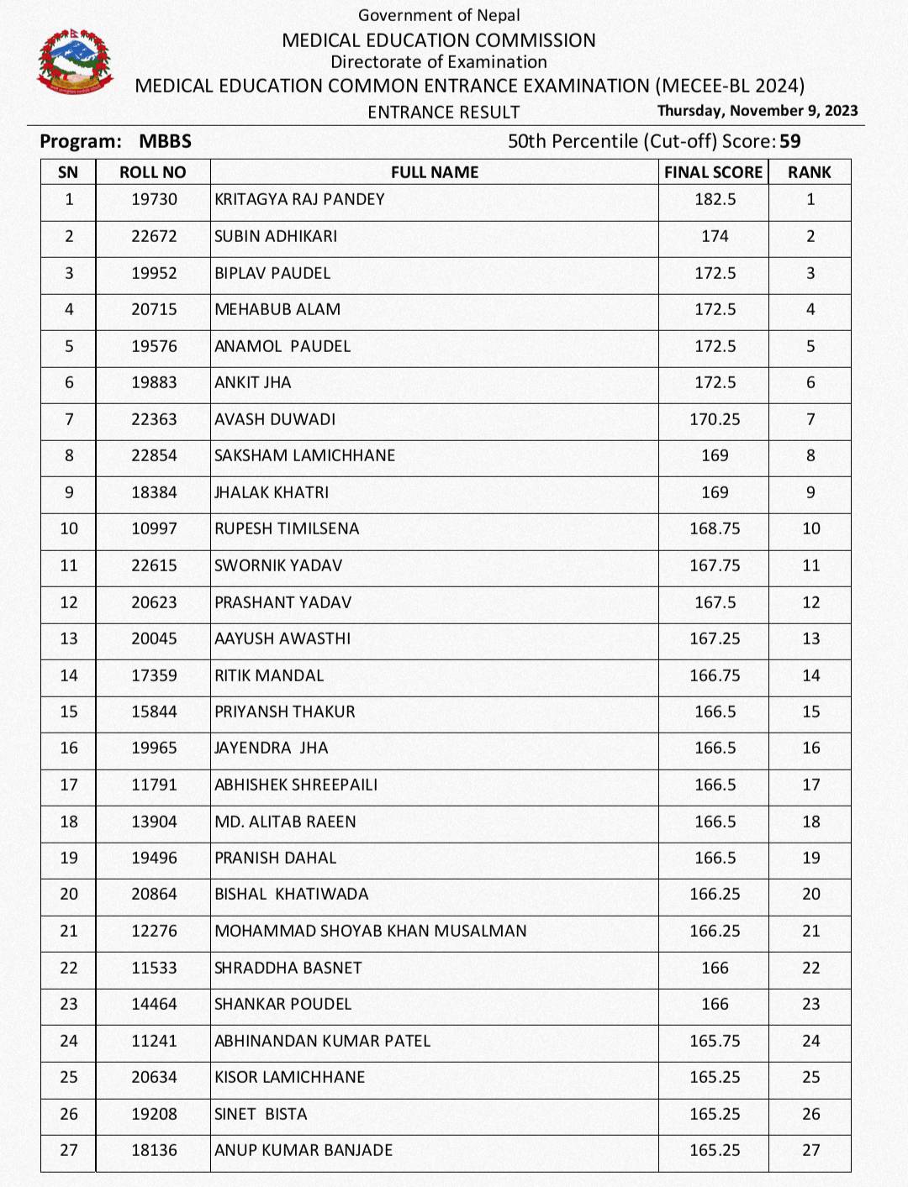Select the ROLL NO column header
tap(152, 172)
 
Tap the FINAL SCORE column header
tap(713, 172)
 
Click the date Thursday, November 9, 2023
tap(758, 111)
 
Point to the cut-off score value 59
tap(790, 141)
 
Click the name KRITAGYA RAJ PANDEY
tap(299, 200)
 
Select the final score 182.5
tap(715, 200)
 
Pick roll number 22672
tap(154, 236)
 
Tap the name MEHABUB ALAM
tap(277, 309)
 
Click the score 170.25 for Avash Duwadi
tap(715, 419)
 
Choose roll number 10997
tap(154, 528)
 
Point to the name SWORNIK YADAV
tap(278, 565)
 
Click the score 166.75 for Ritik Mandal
tap(715, 675)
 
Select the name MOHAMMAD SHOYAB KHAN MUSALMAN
tap(371, 931)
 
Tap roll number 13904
tap(154, 822)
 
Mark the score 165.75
tap(715, 1041)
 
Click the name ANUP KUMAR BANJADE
tap(304, 1150)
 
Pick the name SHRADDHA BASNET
tap(288, 968)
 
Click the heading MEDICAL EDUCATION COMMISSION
tap(439, 40)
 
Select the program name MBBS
tap(166, 141)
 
